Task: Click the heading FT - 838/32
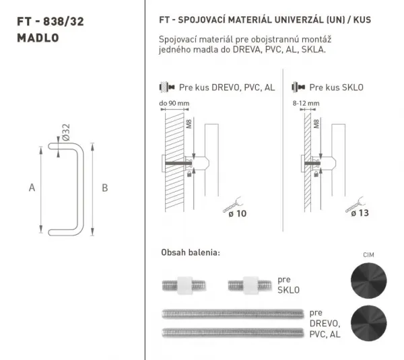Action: coord(50,22)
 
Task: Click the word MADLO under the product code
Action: coord(38,38)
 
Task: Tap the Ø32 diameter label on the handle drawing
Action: coord(66,133)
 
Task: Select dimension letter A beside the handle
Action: coord(32,188)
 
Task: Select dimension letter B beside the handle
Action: coord(104,188)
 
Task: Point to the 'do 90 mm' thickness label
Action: coord(174,103)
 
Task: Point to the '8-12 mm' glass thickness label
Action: coord(306,103)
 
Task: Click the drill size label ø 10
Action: coord(237,213)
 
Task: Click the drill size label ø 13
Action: coord(360,213)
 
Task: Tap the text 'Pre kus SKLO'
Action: coord(336,87)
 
